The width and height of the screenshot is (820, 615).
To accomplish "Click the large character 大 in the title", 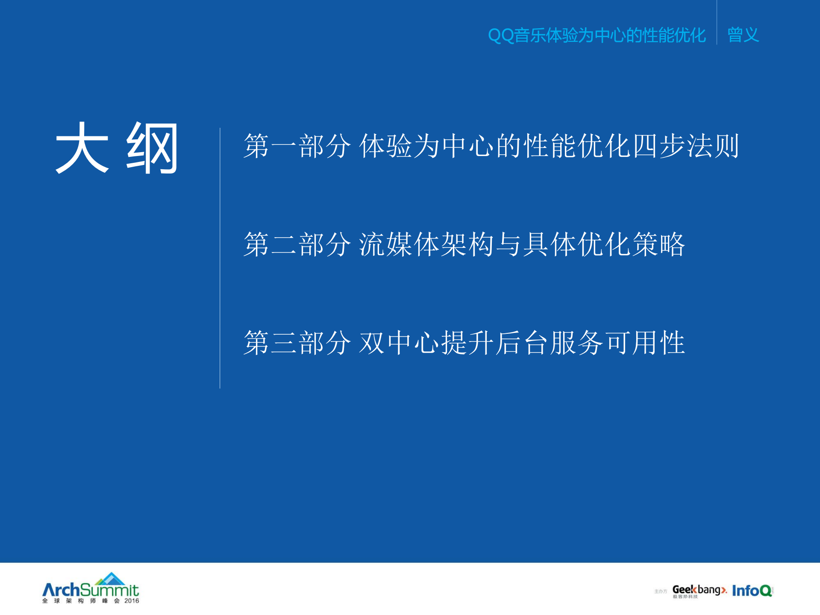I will (82, 147).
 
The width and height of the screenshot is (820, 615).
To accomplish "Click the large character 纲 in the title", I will (152, 147).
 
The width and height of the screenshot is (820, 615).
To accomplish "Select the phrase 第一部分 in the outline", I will (297, 146).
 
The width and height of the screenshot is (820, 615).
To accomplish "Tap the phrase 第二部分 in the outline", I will (297, 244).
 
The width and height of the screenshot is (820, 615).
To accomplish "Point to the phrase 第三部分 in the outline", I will (297, 343).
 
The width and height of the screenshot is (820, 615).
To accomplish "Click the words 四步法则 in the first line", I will (686, 146).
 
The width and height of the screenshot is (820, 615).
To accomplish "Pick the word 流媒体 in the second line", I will (400, 244).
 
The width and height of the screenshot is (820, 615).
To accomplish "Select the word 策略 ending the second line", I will (658, 244).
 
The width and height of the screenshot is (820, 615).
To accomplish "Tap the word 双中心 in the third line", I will (400, 343).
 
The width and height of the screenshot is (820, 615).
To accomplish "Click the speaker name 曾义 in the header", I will (743, 35).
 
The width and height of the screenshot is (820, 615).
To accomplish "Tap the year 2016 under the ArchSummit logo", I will (132, 601).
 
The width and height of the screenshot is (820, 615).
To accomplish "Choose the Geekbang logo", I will (699, 590).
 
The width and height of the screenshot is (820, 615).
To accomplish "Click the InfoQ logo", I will (752, 591).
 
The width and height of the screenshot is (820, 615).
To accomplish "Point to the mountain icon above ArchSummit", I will (111, 579).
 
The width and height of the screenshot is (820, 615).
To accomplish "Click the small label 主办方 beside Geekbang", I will (660, 591).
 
